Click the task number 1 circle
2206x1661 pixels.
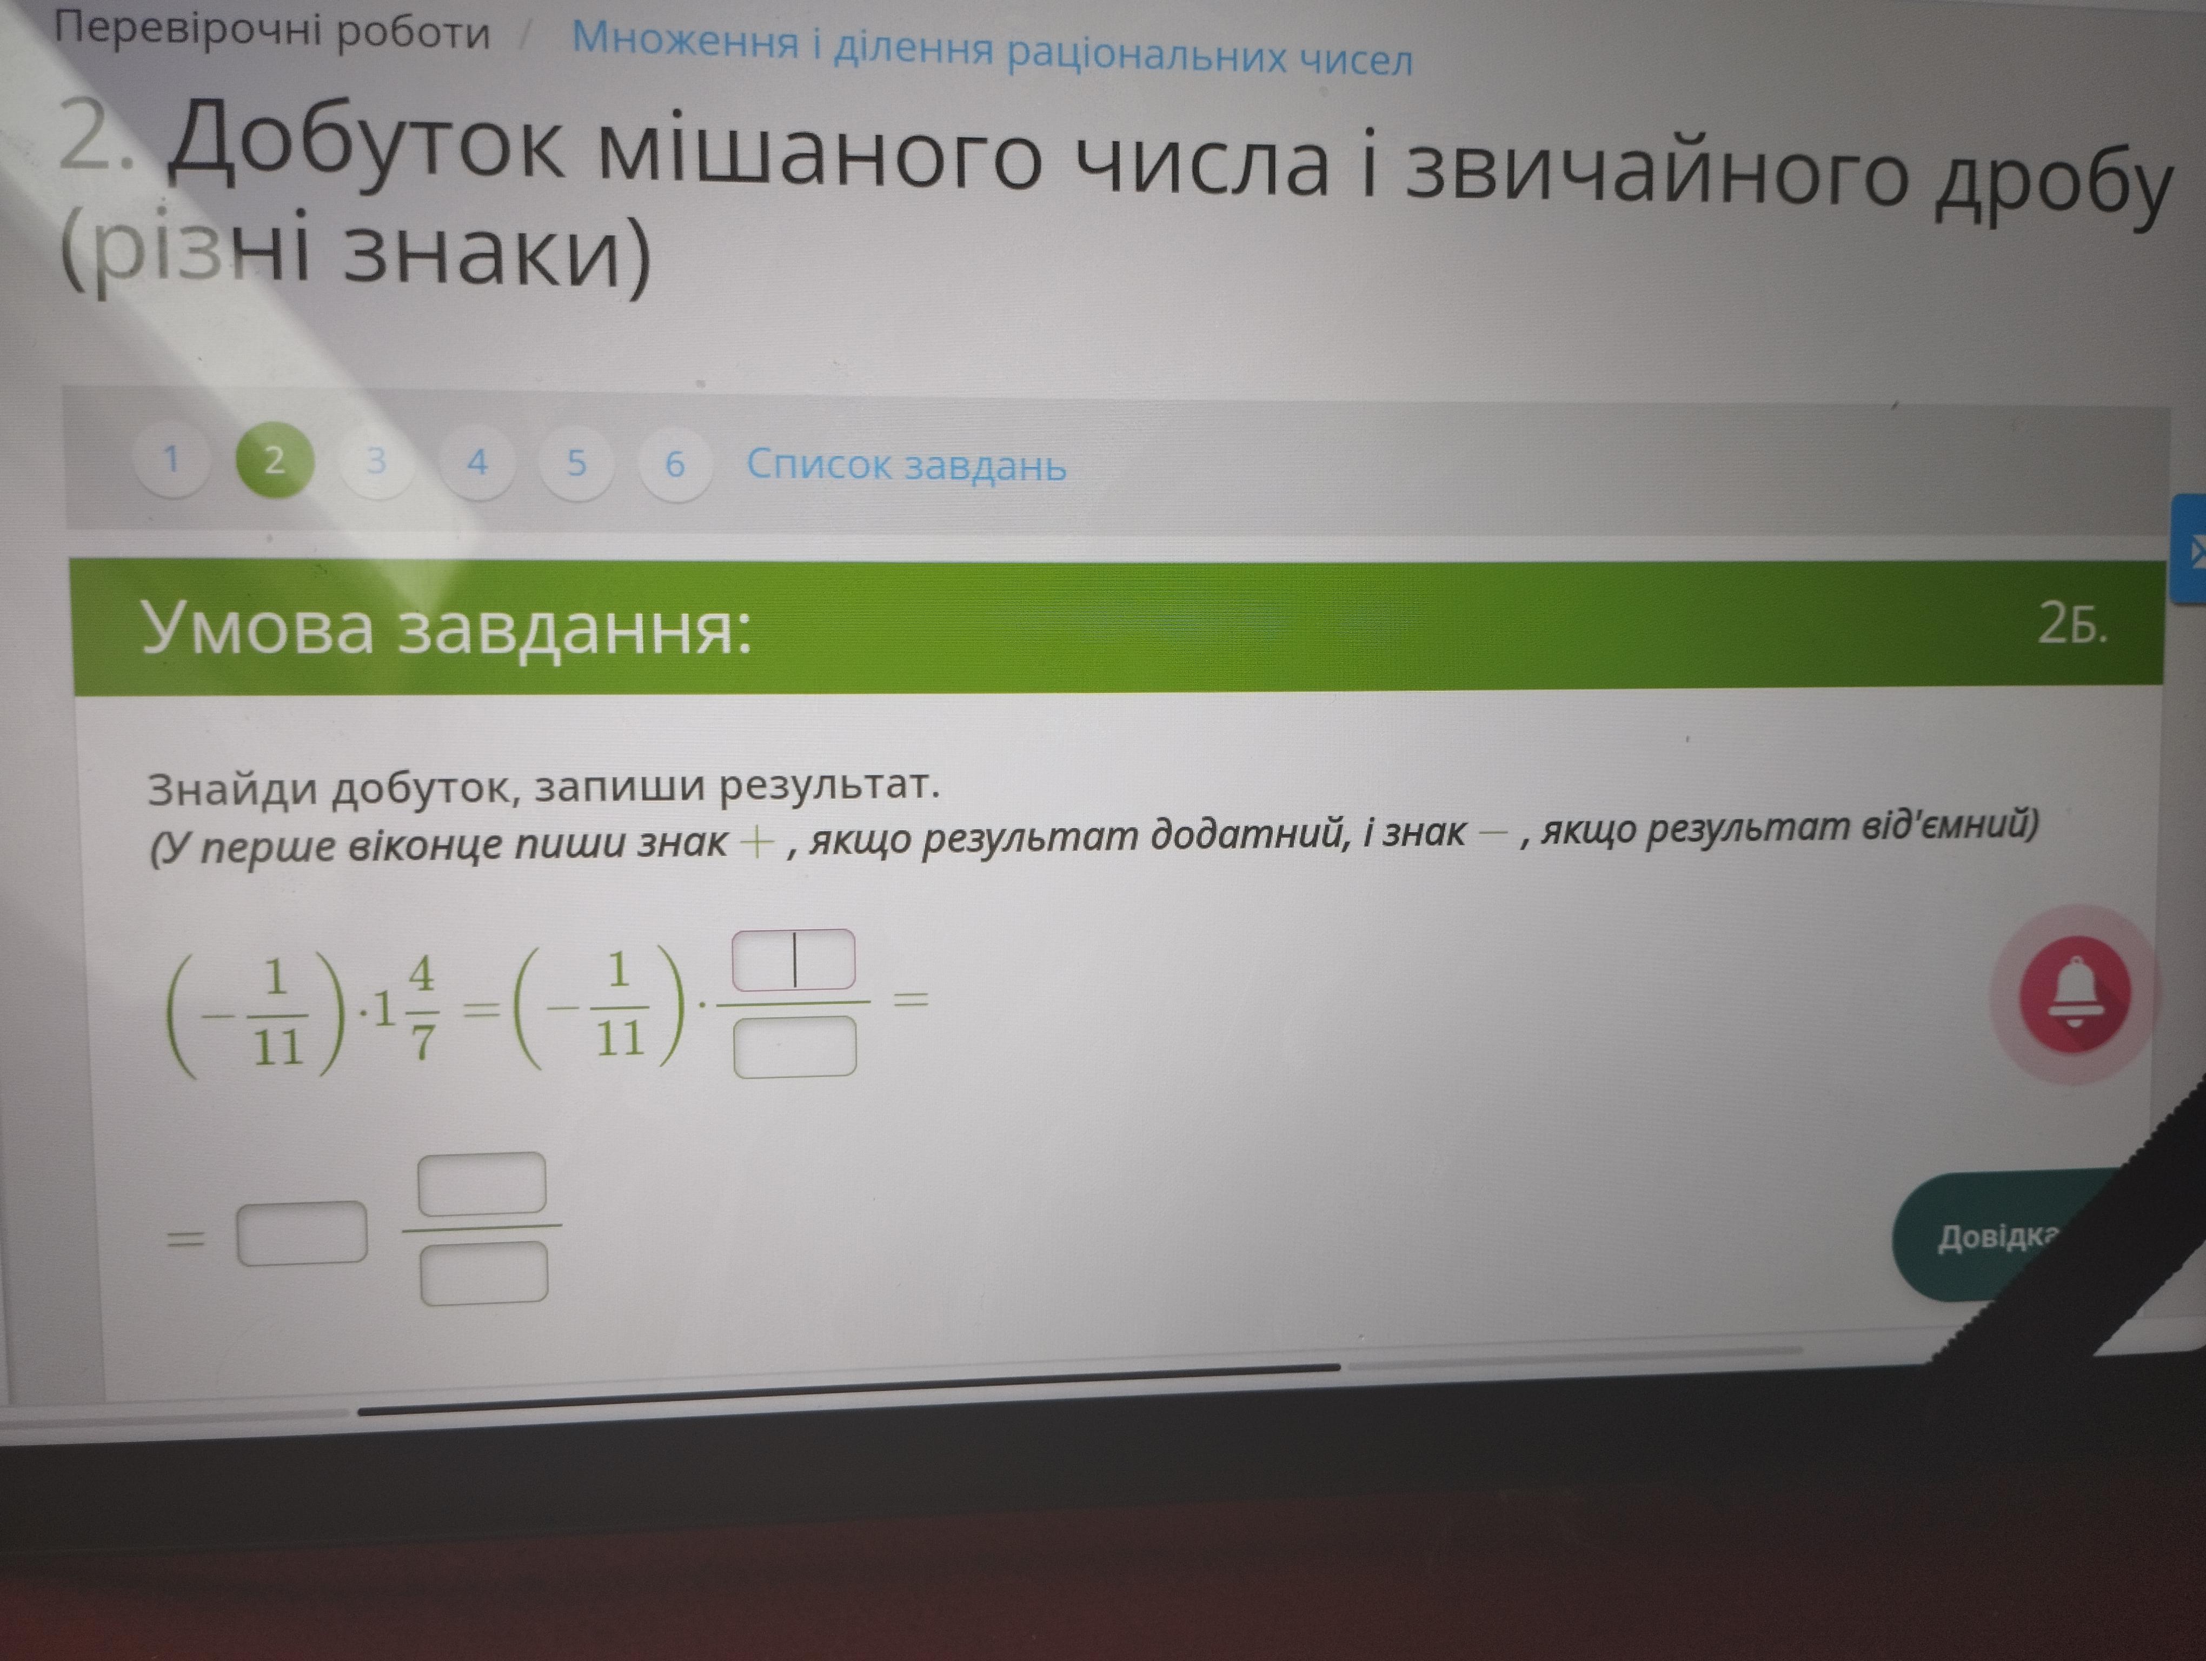pyautogui.click(x=171, y=459)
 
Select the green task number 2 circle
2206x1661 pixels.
pyautogui.click(x=274, y=460)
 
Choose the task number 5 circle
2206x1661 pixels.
pyautogui.click(x=576, y=463)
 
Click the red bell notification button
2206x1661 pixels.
pyautogui.click(x=2075, y=993)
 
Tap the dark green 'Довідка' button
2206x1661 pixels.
pyautogui.click(x=2004, y=1236)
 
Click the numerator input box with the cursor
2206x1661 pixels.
pyautogui.click(x=794, y=959)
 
